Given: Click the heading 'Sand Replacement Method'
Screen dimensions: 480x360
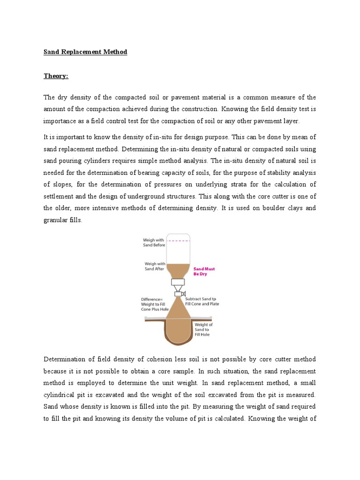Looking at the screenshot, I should [x=85, y=52].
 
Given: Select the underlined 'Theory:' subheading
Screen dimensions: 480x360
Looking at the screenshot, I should [x=56, y=75].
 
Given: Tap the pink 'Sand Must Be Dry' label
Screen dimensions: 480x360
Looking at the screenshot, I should [x=203, y=271].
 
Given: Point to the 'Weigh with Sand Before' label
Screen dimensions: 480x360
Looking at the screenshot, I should [x=154, y=242].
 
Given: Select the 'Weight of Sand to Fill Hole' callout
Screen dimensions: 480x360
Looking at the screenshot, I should [x=203, y=330].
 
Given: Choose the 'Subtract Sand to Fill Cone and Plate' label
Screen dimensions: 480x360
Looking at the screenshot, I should [x=202, y=301].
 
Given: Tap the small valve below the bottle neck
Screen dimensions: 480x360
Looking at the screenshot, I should [x=179, y=293].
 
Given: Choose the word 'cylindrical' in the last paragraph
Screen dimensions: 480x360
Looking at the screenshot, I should [x=60, y=395].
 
